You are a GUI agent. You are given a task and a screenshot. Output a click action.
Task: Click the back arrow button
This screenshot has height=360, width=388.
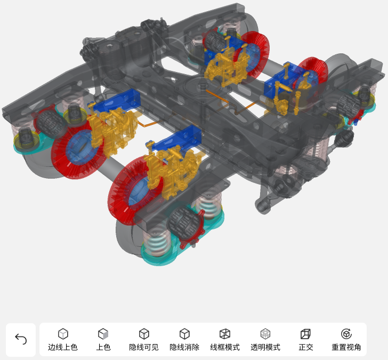(x=21, y=339)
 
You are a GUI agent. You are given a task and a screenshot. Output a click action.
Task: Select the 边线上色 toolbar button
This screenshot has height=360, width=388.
(x=63, y=340)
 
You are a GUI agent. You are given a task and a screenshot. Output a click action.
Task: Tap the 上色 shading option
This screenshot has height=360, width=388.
(x=103, y=340)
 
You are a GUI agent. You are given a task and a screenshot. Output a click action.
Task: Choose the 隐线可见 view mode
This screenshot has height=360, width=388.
(x=144, y=340)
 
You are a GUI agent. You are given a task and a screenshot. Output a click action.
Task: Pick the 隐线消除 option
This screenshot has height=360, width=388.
(x=184, y=340)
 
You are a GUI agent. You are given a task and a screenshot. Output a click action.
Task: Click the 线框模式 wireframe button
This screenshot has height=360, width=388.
(x=225, y=340)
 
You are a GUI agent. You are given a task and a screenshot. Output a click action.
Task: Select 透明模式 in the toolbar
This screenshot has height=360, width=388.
(x=265, y=340)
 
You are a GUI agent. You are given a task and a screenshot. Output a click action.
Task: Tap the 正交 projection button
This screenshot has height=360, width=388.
(x=306, y=340)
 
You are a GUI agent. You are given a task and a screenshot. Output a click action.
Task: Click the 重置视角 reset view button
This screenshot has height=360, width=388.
(x=346, y=340)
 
